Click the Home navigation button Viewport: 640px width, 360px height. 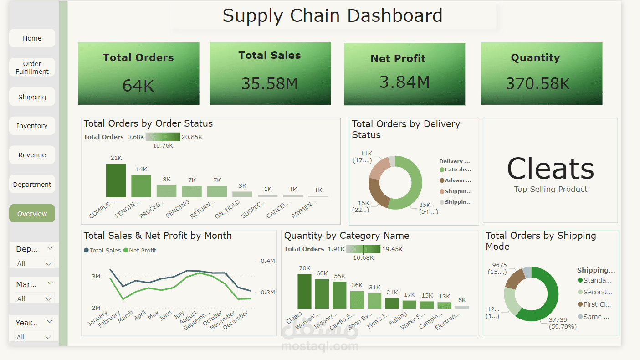coord(32,38)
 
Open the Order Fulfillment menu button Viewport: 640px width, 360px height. coord(32,67)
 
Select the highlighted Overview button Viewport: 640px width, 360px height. coord(32,213)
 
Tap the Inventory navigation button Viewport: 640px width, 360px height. coord(32,126)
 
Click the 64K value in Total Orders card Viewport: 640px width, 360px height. coord(138,86)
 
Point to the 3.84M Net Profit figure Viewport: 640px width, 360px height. coord(404,82)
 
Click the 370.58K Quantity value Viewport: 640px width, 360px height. coord(538,84)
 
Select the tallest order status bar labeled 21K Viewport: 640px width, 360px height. coord(116,180)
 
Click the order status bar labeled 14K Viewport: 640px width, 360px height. coord(141,186)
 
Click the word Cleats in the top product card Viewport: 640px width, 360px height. coord(550,169)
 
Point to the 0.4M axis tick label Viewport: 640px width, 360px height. coord(268,261)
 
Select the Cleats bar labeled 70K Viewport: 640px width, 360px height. coord(304,291)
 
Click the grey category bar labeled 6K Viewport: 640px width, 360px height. coord(461,307)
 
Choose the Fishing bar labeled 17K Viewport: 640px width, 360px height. coord(410,304)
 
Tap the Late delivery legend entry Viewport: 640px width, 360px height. coord(456,170)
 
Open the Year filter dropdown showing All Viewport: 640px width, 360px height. coord(34,337)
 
